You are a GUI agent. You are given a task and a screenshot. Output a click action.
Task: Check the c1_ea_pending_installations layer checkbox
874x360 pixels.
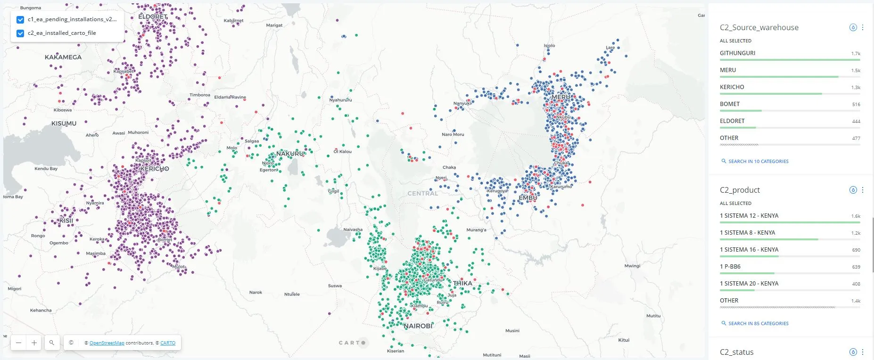20,20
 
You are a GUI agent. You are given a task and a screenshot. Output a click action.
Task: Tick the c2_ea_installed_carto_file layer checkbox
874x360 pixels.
20,33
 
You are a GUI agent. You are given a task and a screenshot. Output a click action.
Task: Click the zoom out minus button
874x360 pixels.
18,343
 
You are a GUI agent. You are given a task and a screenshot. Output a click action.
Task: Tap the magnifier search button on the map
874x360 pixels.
52,343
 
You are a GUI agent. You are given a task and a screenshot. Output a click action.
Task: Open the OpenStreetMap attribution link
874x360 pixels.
107,343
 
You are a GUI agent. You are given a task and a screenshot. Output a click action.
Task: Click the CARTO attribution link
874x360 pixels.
168,343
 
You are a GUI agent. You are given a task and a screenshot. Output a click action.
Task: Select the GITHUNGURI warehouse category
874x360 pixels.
737,53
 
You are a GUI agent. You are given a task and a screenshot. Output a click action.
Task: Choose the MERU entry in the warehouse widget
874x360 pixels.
728,70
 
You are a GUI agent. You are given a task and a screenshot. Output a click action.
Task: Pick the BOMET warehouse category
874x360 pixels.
730,104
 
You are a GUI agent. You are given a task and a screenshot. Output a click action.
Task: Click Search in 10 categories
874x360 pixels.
758,162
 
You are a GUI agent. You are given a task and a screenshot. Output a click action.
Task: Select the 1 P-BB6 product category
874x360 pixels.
730,267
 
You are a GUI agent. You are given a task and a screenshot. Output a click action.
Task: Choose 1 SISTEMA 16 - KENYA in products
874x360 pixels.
749,250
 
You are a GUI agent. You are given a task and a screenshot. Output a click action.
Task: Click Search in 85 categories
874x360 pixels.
758,324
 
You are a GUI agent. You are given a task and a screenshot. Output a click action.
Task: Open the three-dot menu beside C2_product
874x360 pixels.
863,190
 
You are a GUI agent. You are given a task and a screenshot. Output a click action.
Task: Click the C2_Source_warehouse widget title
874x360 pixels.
759,28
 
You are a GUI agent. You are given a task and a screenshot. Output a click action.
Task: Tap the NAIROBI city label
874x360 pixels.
418,326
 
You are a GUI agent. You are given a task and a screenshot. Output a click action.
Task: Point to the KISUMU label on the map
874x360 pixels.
64,123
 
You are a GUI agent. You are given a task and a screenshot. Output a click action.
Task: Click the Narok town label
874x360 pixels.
256,293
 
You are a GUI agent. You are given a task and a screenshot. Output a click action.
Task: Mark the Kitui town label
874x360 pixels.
624,340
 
